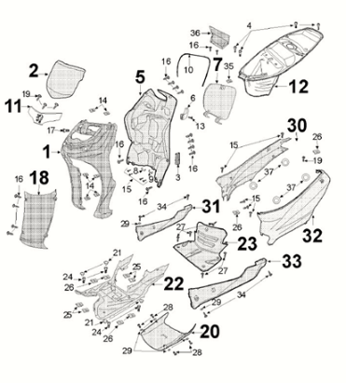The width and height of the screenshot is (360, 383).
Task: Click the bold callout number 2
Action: [x=34, y=71]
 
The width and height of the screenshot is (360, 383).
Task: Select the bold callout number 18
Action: [x=39, y=178]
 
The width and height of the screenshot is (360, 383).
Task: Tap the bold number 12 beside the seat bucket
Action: [x=298, y=87]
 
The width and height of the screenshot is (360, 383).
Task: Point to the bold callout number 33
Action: [x=292, y=261]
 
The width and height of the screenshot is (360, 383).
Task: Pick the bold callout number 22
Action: [x=173, y=283]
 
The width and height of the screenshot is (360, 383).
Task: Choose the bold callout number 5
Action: [x=140, y=76]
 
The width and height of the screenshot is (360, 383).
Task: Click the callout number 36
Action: [x=195, y=33]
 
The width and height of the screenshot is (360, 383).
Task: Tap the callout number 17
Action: [x=52, y=130]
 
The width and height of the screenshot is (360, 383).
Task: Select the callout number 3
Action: [x=178, y=178]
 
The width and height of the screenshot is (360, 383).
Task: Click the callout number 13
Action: [x=201, y=126]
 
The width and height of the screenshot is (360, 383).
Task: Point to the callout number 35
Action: [x=228, y=66]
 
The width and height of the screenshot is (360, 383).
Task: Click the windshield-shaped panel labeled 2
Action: [x=66, y=79]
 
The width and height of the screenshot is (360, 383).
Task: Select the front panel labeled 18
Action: [x=38, y=219]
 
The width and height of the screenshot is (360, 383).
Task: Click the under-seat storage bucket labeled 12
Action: [x=282, y=59]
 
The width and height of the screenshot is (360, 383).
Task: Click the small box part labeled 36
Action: [x=219, y=35]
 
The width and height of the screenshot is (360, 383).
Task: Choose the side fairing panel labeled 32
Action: [x=294, y=208]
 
